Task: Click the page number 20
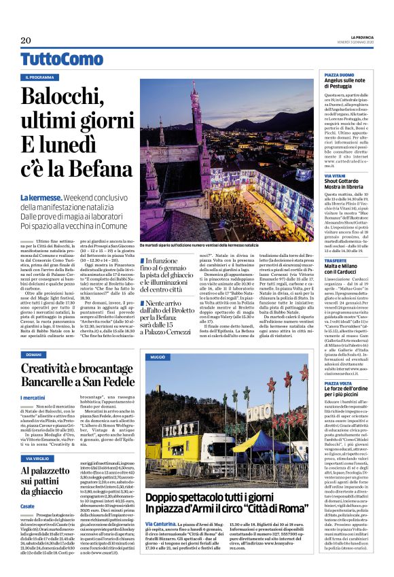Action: [x=26, y=40]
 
